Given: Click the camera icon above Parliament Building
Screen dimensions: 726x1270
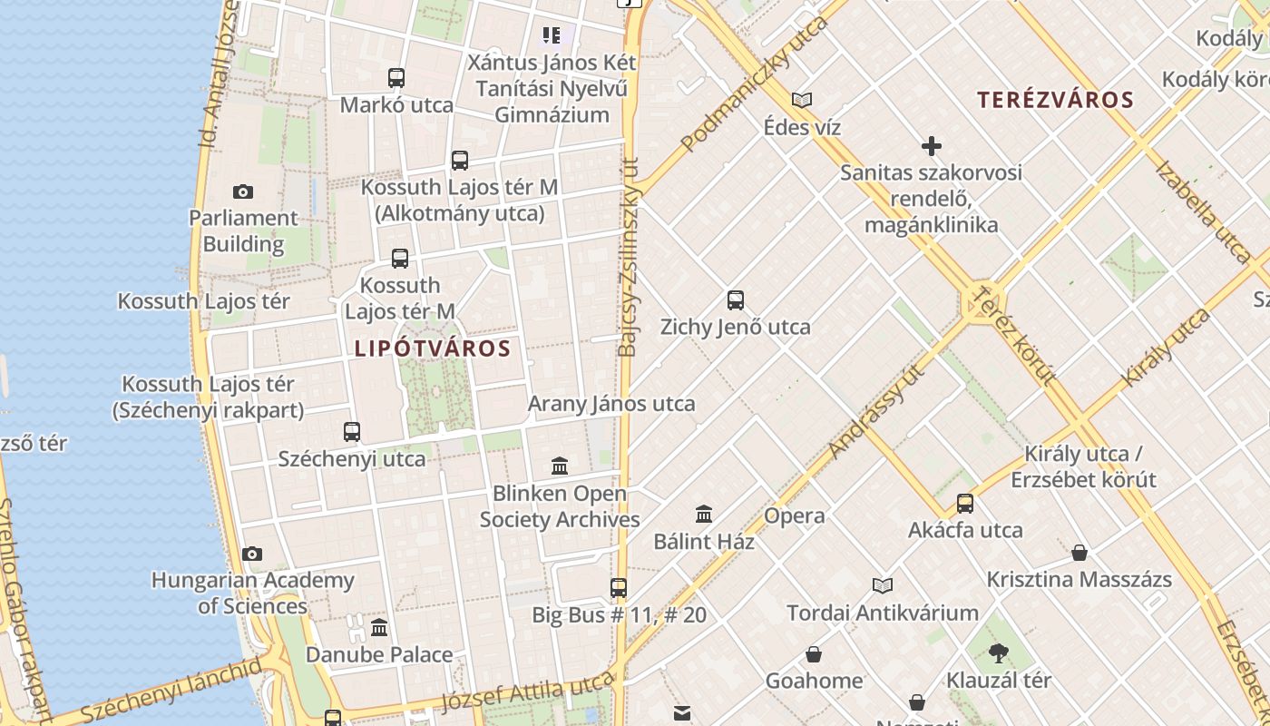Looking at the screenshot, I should [242, 191].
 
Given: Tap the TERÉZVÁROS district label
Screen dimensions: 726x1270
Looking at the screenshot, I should [1055, 100].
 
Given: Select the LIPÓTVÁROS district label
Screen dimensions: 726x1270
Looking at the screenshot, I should [433, 348].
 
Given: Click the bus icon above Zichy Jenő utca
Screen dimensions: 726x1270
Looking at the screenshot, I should [736, 300].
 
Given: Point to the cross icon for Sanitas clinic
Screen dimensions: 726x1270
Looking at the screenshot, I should [931, 146].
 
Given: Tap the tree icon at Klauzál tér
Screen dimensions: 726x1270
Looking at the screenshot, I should [999, 652].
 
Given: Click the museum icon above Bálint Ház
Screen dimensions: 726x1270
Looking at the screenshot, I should [704, 515].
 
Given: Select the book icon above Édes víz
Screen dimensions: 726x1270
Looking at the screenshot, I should [802, 100].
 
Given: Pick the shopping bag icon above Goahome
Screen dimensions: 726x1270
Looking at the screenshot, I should [814, 654].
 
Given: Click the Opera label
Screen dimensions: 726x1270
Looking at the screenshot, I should [795, 516].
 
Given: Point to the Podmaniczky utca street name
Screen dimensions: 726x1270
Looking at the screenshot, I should [754, 83].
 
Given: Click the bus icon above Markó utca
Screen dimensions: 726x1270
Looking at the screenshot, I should [396, 78].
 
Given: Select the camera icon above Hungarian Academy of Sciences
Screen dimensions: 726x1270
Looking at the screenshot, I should [252, 554].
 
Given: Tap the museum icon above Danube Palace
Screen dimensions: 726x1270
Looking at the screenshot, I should [379, 627].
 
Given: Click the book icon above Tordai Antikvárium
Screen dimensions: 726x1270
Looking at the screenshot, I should [883, 585].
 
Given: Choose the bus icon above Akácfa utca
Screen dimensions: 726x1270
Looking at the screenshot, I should [965, 504].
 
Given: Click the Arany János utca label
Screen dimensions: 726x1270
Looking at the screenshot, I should [611, 404].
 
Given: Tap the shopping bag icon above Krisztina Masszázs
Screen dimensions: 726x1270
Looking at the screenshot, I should [1079, 553].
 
